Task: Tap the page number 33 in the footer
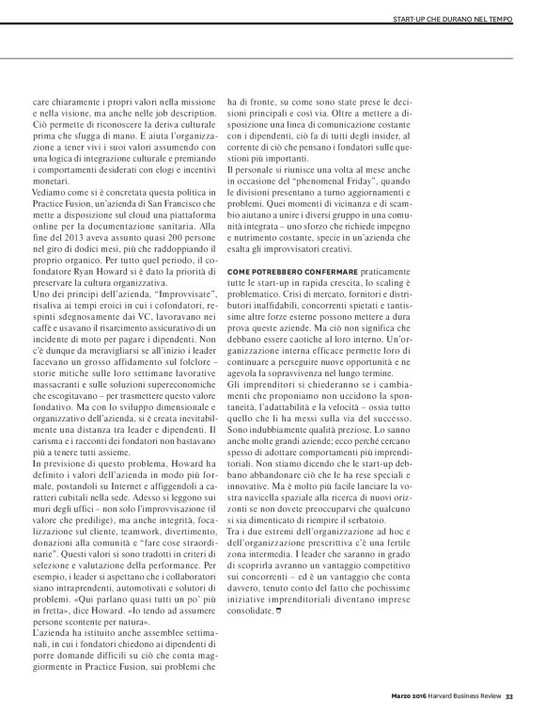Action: (x=508, y=696)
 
